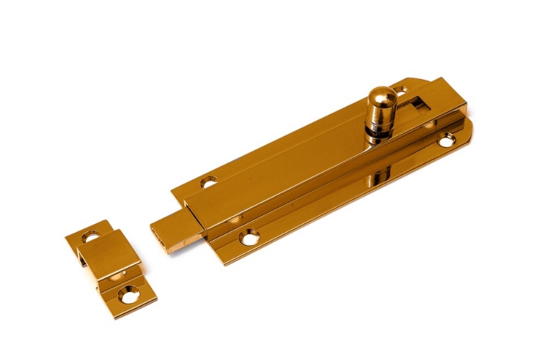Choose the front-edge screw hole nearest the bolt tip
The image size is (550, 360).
pos(249,238)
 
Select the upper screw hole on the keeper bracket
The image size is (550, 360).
pos(90,237)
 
